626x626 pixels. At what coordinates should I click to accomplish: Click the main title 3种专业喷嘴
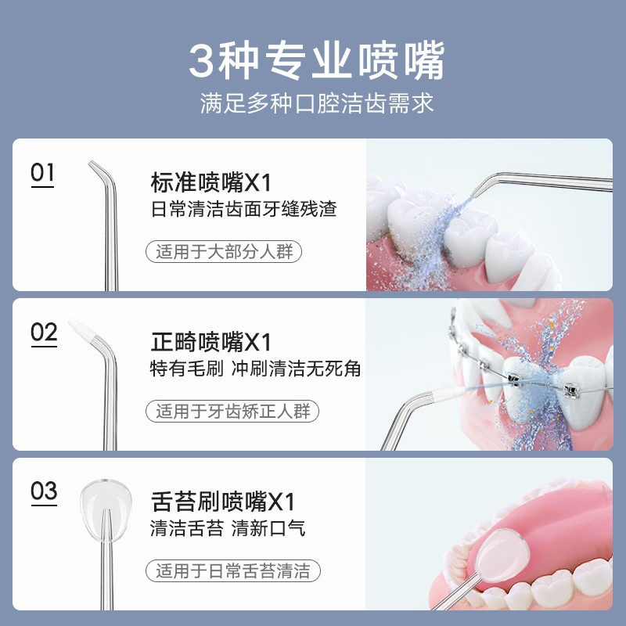pos(317,61)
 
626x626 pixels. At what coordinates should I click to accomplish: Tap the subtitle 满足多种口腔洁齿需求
pos(317,103)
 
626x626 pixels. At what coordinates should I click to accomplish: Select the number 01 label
pos(42,173)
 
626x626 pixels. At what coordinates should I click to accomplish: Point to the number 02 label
pos(44,332)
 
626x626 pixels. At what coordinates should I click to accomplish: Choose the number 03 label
pos(44,491)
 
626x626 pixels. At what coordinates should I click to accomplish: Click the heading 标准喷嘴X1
pos(211,182)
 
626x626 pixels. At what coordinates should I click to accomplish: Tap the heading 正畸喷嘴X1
pos(211,342)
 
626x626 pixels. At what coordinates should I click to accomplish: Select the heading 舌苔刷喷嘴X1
pos(223,502)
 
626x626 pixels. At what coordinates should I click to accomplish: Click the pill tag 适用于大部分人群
pos(224,251)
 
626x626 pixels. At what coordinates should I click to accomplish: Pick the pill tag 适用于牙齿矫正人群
pos(232,412)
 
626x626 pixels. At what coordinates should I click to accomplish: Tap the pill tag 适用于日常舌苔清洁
pos(233,570)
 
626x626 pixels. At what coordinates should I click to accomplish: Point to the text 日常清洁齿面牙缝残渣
pos(243,209)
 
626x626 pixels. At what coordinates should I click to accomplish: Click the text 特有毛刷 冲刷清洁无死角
pos(256,368)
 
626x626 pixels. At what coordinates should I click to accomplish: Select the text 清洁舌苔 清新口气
pos(228,527)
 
